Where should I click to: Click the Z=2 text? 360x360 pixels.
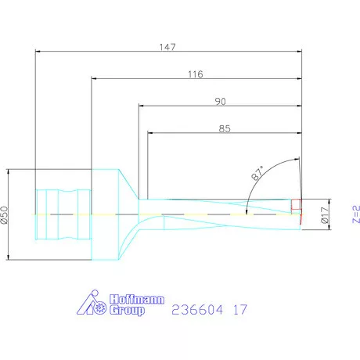(x=355, y=212)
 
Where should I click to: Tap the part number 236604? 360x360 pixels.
(x=196, y=309)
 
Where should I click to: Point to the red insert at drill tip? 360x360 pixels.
(x=296, y=206)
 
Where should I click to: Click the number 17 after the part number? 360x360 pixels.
(x=240, y=309)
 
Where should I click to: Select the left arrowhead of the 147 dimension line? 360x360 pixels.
(x=38, y=52)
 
